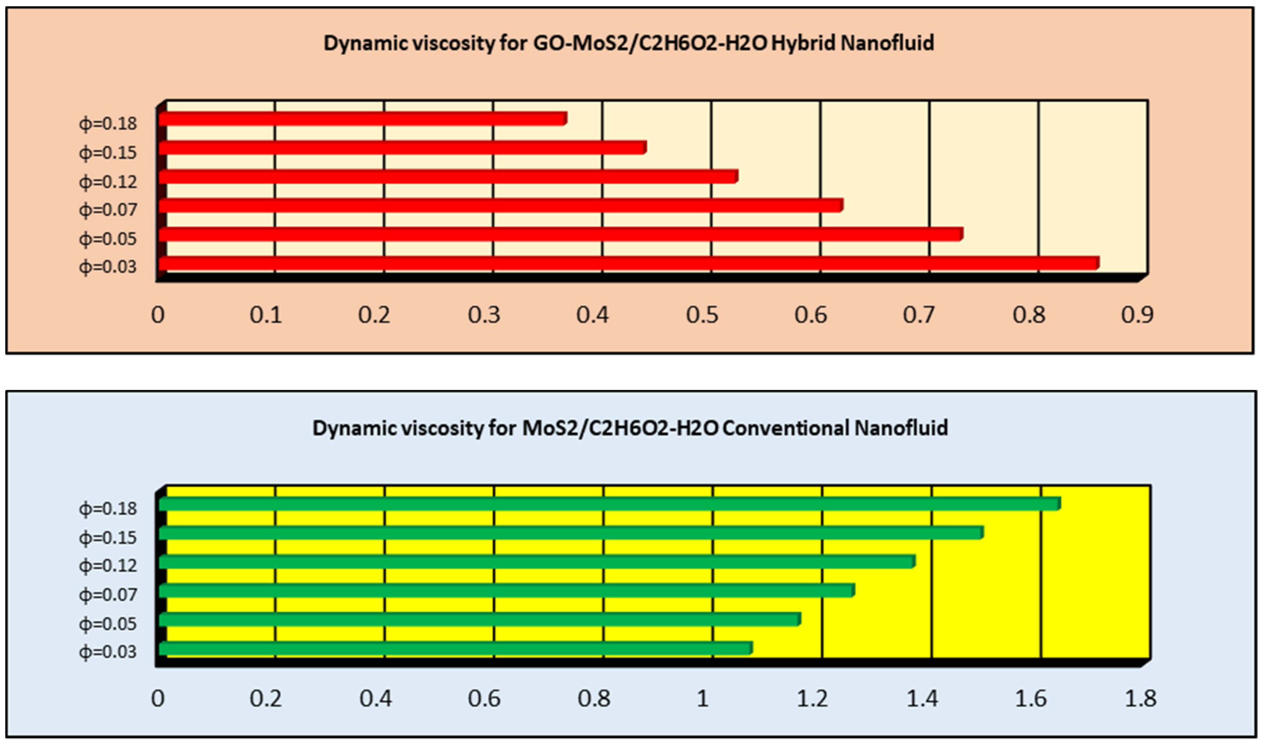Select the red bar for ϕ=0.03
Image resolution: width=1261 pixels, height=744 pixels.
tap(629, 263)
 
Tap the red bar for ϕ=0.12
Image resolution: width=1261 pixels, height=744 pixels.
tap(448, 177)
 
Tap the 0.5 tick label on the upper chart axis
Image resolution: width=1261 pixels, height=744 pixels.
tap(702, 315)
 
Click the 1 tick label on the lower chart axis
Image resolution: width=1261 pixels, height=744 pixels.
tap(703, 698)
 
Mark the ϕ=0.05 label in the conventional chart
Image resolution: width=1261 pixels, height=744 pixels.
tap(108, 624)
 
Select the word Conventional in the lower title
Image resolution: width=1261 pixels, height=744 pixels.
tap(786, 428)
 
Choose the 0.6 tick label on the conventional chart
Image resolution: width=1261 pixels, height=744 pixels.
tap(484, 698)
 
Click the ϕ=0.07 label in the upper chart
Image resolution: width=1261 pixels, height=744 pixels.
tap(108, 210)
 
